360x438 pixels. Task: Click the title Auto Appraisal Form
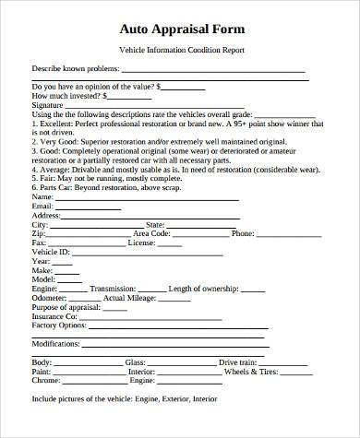tap(180, 29)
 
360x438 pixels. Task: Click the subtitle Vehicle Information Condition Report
tap(180, 51)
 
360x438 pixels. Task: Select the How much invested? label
tap(66, 95)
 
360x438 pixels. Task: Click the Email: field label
tap(42, 207)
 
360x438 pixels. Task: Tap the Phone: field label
tap(243, 233)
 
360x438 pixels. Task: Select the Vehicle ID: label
tap(51, 252)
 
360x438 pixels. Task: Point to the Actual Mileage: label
tap(128, 297)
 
